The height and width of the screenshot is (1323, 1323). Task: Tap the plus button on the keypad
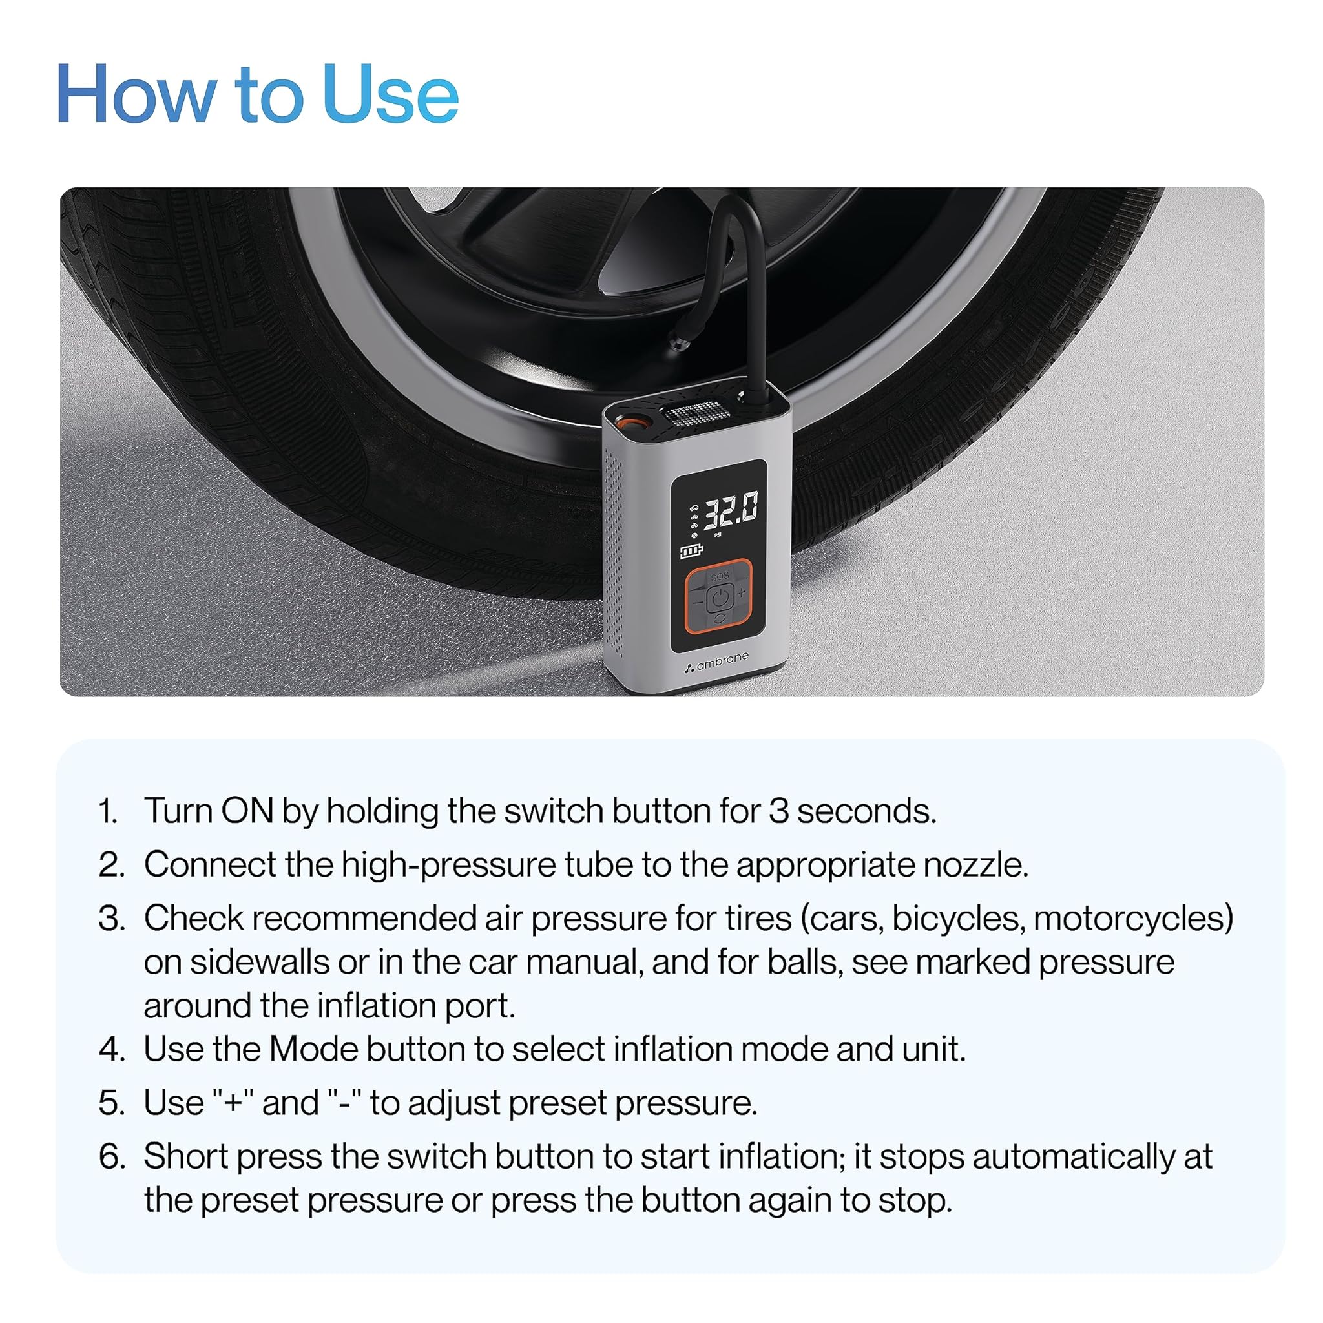(x=742, y=593)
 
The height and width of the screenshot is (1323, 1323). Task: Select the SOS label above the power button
(x=720, y=577)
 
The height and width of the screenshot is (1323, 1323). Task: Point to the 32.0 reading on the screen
(x=731, y=510)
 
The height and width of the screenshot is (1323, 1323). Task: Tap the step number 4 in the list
(x=110, y=1050)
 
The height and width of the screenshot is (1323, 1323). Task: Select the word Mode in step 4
(x=313, y=1049)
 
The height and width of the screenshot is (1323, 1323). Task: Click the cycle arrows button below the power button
(x=719, y=619)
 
